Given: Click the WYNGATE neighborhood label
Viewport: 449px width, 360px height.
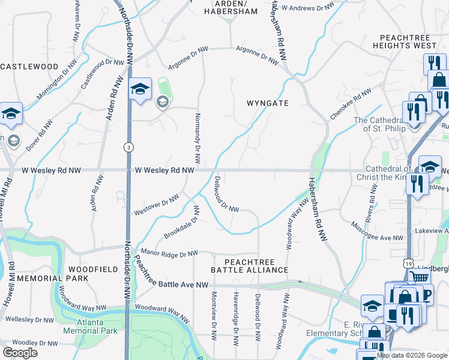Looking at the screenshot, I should [x=268, y=103].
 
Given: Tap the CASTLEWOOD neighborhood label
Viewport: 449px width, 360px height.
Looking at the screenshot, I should [x=29, y=67].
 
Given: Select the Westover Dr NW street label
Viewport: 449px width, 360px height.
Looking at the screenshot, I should [x=156, y=205].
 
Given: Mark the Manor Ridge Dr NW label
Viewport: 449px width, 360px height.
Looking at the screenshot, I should [x=169, y=254].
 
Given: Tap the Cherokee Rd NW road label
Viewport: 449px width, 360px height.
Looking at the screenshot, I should [x=351, y=103].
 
